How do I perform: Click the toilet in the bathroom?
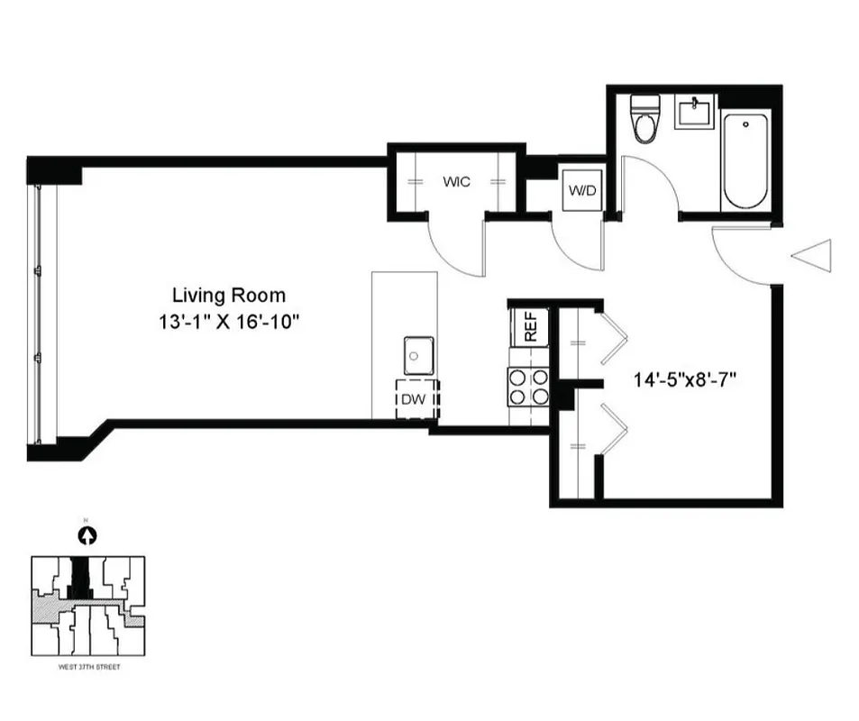645,121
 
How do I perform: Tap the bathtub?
745,160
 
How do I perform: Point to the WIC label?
456,182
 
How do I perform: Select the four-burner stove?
529,387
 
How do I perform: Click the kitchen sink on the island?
418,355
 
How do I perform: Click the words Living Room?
229,295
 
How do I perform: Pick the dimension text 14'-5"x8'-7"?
686,380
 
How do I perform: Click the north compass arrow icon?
87,535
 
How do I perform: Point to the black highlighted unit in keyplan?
82,576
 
